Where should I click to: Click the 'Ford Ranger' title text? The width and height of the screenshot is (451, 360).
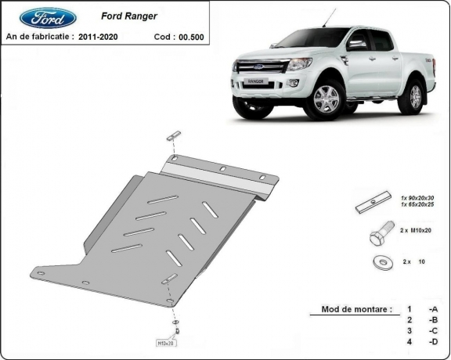pos(129,14)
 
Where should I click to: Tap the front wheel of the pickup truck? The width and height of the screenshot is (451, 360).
pos(326,99)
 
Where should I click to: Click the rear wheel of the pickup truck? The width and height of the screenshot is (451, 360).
pos(413,95)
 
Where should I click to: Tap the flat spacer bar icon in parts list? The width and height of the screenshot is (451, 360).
pos(372,205)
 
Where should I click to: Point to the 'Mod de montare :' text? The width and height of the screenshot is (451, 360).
pos(356,309)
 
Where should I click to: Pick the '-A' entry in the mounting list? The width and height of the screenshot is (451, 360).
pos(432,309)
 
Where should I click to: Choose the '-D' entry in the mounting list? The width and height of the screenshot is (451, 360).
pos(432,342)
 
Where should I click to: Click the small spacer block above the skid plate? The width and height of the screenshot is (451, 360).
pos(174,136)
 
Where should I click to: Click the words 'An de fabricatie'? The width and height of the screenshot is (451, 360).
pos(39,36)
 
